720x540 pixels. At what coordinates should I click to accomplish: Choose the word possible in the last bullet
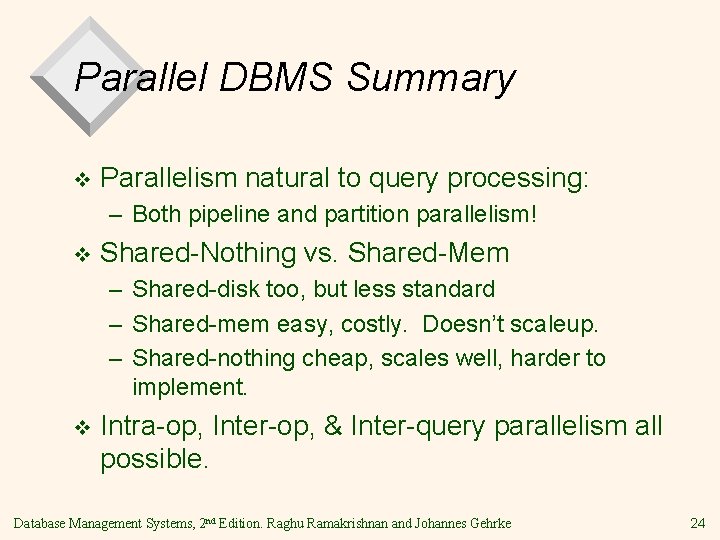coord(155,462)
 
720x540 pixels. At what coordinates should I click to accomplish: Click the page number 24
coord(696,520)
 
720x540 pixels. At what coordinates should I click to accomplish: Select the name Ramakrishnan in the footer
coord(414,520)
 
